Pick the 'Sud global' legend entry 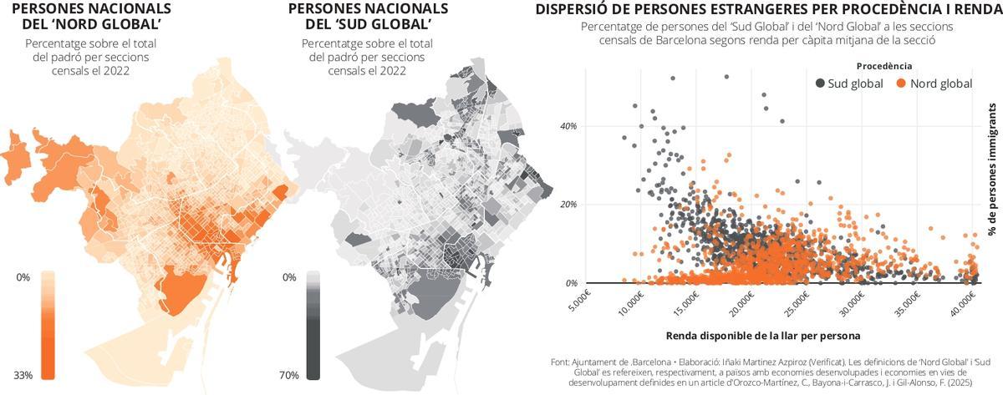849,84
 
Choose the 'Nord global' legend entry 934,84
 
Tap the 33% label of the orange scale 23,375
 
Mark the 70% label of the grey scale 289,375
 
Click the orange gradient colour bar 48,325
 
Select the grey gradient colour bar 313,325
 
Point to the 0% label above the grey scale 289,276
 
